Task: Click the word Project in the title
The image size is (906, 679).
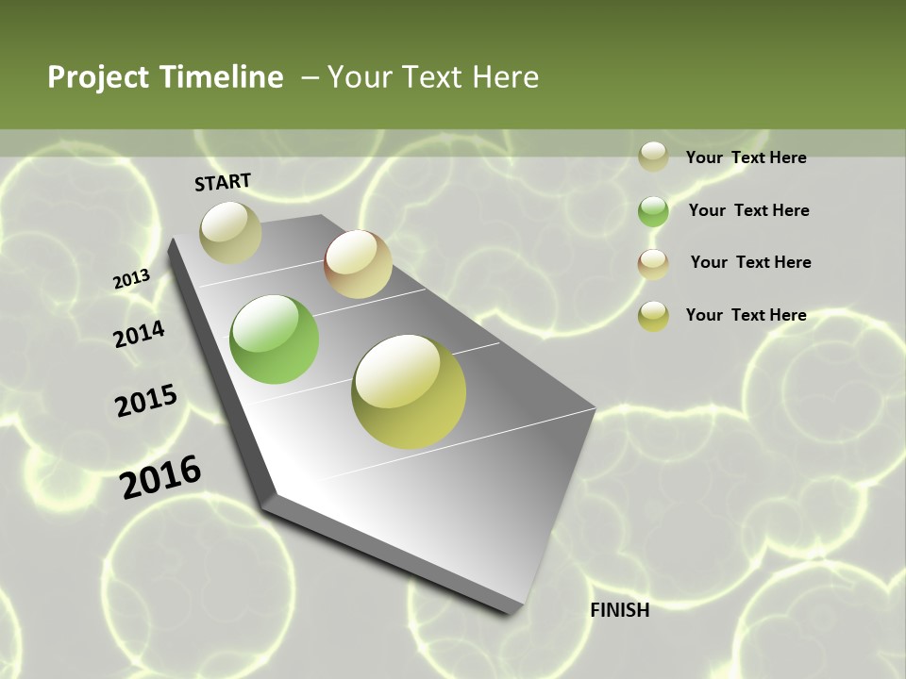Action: (x=97, y=77)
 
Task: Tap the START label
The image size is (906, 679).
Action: (x=223, y=182)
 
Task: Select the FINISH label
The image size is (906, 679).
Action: (x=619, y=610)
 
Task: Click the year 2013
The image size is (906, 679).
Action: (x=131, y=280)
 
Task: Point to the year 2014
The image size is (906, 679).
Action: (x=139, y=334)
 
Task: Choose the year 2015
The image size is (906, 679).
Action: (x=145, y=401)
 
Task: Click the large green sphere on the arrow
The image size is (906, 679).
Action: (x=274, y=339)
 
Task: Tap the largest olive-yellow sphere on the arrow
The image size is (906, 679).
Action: (x=409, y=391)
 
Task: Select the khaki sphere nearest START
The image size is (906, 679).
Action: (x=230, y=232)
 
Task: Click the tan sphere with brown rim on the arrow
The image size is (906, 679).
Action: (x=358, y=264)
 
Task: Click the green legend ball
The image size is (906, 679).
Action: (x=653, y=211)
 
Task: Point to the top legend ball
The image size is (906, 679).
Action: (x=653, y=157)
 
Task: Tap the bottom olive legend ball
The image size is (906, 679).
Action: (x=653, y=316)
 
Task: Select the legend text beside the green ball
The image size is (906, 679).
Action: (x=748, y=210)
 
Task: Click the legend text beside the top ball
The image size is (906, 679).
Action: (x=746, y=157)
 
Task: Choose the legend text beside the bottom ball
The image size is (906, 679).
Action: (x=746, y=315)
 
